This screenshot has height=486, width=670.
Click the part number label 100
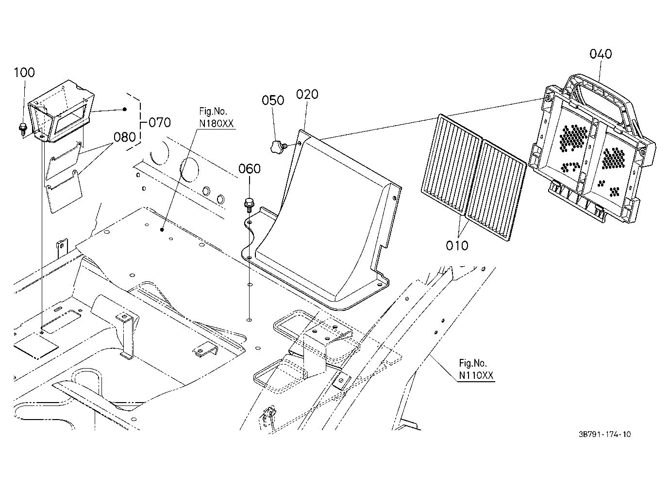pyautogui.click(x=24, y=72)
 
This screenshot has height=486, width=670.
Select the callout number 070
pyautogui.click(x=160, y=123)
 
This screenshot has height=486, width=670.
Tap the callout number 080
pyautogui.click(x=125, y=137)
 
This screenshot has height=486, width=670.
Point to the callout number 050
pyautogui.click(x=273, y=100)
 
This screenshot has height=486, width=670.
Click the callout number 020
pyautogui.click(x=307, y=95)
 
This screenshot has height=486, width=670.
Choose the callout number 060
pyautogui.click(x=250, y=169)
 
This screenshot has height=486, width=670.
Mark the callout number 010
pyautogui.click(x=457, y=246)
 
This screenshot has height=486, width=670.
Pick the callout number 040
pyautogui.click(x=601, y=54)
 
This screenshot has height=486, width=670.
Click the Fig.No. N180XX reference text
pyautogui.click(x=216, y=117)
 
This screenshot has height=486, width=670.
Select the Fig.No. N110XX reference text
pyautogui.click(x=476, y=370)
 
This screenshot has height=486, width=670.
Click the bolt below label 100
pyautogui.click(x=23, y=129)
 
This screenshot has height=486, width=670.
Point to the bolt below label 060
pyautogui.click(x=249, y=205)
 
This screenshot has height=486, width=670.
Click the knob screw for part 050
pyautogui.click(x=278, y=147)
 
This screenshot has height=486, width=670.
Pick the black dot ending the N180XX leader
pyautogui.click(x=162, y=230)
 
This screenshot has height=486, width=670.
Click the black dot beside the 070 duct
pyautogui.click(x=125, y=109)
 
